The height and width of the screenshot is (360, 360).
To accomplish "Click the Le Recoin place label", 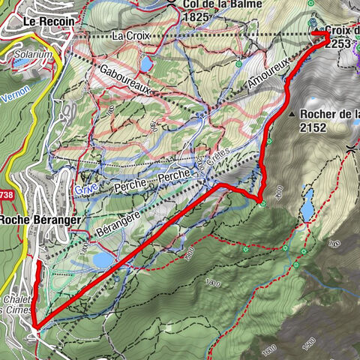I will tap(49, 22).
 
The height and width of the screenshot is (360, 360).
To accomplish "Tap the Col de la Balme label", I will tap(218, 4).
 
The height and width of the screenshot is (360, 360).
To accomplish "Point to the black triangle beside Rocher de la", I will tap(289, 114).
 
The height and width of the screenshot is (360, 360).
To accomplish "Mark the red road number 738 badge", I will tap(6, 196).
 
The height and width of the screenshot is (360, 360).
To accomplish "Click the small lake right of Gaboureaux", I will tap(146, 64).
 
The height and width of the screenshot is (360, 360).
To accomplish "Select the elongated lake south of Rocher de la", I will tap(307, 204).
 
